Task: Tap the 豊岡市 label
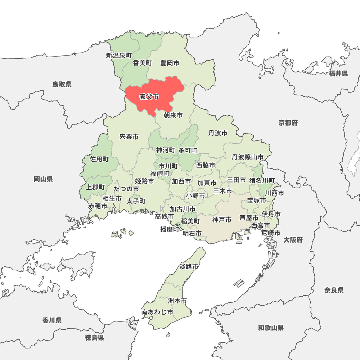point(170,63)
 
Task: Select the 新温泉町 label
point(119,55)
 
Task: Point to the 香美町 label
point(143,63)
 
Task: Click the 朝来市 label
point(173,115)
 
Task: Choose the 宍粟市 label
point(129,137)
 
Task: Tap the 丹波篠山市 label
point(247,157)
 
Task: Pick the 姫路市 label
point(144,181)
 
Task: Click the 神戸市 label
point(222,219)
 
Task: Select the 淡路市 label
point(189,267)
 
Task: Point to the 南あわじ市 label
point(157,312)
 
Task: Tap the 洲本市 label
point(177,300)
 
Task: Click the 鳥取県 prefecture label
point(62,84)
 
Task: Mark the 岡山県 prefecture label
point(43,179)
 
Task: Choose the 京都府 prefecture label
point(288,123)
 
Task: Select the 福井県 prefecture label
point(338,73)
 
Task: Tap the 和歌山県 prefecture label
point(271,328)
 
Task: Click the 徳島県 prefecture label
point(95,337)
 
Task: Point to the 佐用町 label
point(99,159)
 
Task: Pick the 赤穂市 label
point(98,206)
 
